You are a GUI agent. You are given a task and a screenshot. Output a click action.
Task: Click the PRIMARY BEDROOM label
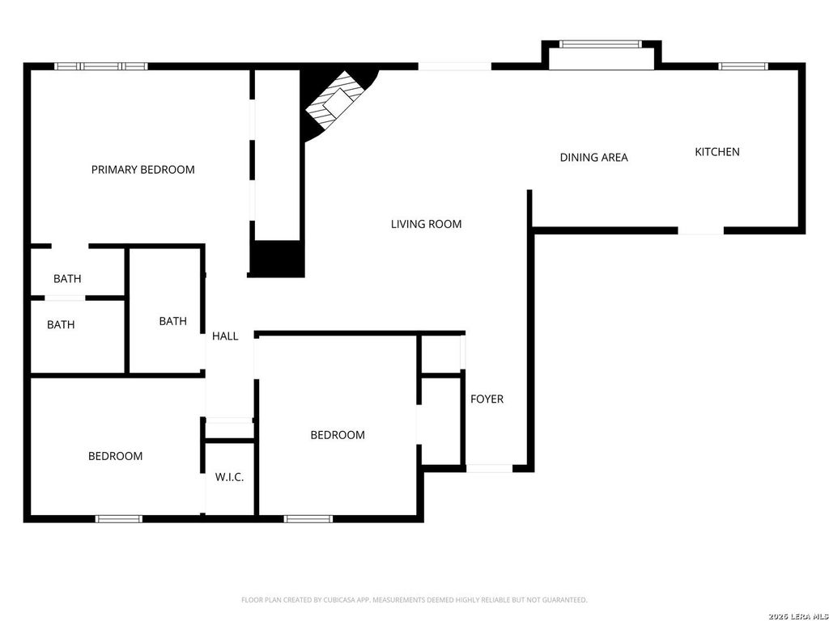click(x=142, y=170)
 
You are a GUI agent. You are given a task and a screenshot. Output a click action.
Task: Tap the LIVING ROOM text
click(x=426, y=224)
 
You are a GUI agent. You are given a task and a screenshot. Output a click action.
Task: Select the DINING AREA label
click(x=593, y=158)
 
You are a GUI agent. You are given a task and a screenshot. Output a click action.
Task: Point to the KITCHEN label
click(x=717, y=152)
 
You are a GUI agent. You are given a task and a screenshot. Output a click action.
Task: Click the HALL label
click(x=225, y=336)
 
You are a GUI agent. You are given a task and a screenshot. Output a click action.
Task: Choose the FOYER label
click(x=487, y=399)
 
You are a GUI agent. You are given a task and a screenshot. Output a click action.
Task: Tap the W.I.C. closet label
click(x=229, y=477)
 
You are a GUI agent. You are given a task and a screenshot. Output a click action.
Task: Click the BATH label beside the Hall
click(x=173, y=321)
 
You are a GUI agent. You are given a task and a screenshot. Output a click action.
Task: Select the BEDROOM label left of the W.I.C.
click(x=115, y=456)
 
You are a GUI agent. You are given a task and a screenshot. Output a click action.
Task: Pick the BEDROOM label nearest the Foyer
click(x=338, y=435)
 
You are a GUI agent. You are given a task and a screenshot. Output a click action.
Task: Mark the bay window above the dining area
click(x=601, y=44)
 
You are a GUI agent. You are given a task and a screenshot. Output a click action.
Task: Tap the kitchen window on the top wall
click(x=743, y=66)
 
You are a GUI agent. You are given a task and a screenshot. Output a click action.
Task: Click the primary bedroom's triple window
click(x=101, y=66)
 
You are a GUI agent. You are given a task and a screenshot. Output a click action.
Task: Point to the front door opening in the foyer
click(x=490, y=468)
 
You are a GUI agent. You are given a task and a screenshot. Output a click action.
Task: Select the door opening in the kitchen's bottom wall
click(x=700, y=230)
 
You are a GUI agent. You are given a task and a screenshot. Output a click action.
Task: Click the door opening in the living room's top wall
click(x=455, y=66)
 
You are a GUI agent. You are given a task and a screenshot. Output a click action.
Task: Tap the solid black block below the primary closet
click(x=277, y=259)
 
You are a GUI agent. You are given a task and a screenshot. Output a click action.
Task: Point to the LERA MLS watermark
click(x=798, y=616)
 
